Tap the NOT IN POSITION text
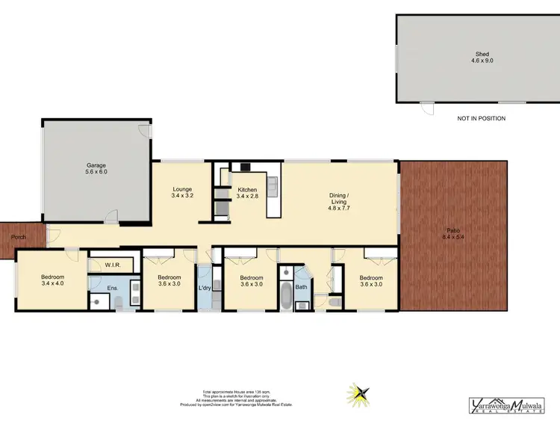481,118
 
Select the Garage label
95,165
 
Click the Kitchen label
247,190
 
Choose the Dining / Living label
339,199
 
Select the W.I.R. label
113,264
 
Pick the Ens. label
113,287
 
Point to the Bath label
301,286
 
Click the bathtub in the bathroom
287,295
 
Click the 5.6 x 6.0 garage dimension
95,172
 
